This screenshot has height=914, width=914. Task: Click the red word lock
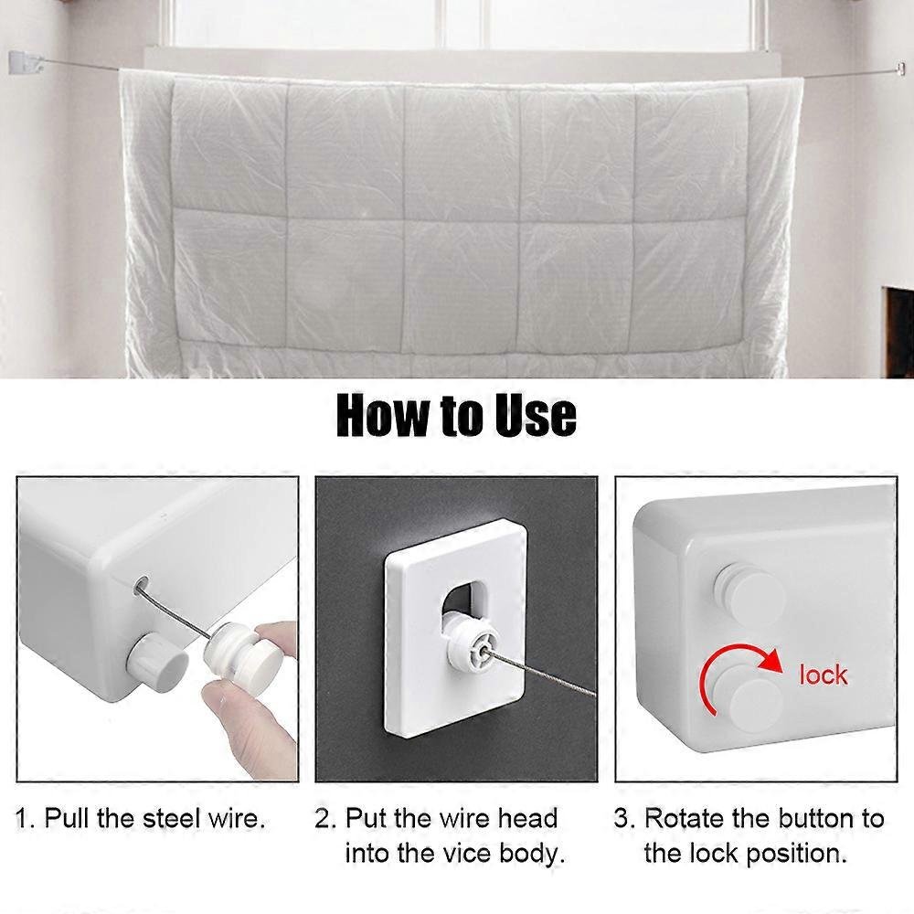pos(824,675)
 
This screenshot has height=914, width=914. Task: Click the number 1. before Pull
pos(26,818)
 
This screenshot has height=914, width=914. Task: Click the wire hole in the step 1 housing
pos(142,582)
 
